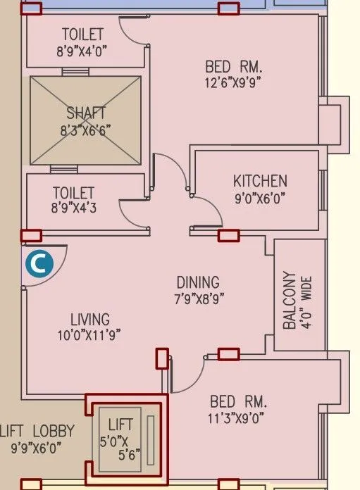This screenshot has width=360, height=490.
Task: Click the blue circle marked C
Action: [39, 263]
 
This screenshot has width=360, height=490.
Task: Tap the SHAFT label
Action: [86, 113]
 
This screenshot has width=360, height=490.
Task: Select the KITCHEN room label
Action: [260, 181]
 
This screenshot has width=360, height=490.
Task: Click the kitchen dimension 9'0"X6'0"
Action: [260, 199]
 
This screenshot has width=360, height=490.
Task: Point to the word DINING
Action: [198, 282]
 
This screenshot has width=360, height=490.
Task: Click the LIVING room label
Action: [90, 320]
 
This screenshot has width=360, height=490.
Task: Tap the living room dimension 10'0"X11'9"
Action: [90, 336]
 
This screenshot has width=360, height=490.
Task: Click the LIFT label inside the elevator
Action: [120, 425]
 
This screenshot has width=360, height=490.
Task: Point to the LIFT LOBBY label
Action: [37, 431]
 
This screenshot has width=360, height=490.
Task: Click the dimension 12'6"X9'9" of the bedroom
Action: [233, 82]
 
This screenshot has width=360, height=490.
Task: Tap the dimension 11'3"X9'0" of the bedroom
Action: [238, 418]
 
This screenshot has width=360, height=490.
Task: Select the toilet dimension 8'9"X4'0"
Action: [82, 51]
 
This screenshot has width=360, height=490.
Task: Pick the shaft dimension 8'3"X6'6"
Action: [86, 129]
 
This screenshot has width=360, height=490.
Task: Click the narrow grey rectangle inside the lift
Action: [150, 439]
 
